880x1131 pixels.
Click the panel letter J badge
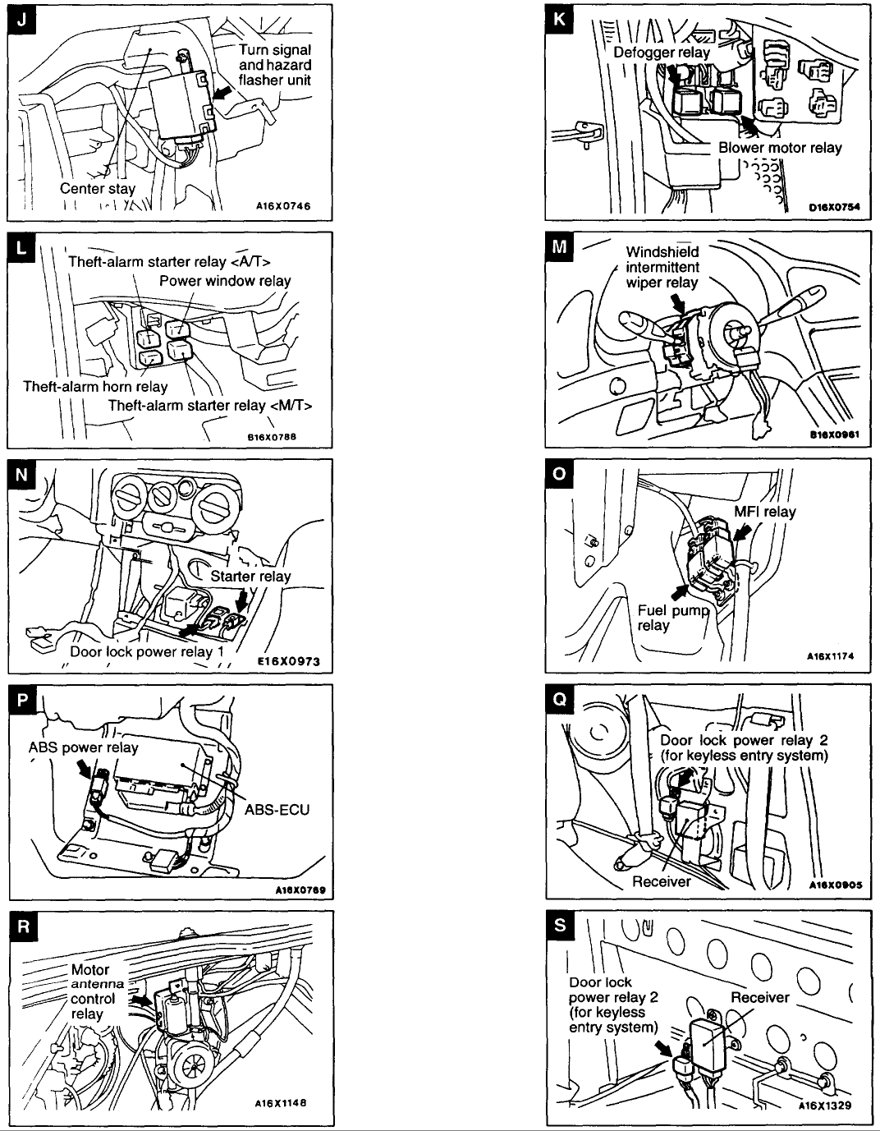(21, 20)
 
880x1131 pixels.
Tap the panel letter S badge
(560, 925)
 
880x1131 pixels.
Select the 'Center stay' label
(97, 188)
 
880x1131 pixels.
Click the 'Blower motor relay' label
(780, 148)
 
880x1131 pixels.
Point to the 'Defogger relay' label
(662, 52)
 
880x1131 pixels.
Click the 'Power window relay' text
(225, 281)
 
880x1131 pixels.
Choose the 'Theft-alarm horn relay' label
(95, 387)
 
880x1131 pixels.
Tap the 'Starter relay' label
(250, 576)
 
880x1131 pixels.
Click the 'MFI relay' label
(764, 512)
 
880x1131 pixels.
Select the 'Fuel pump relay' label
(673, 618)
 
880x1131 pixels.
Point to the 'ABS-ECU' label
(277, 810)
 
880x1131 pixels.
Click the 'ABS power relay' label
(83, 748)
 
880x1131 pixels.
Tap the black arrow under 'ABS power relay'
(85, 768)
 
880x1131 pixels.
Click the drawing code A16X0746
(283, 206)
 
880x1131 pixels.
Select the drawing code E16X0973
(289, 661)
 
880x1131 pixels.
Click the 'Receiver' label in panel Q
(661, 881)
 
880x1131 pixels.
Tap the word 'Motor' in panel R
(90, 970)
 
